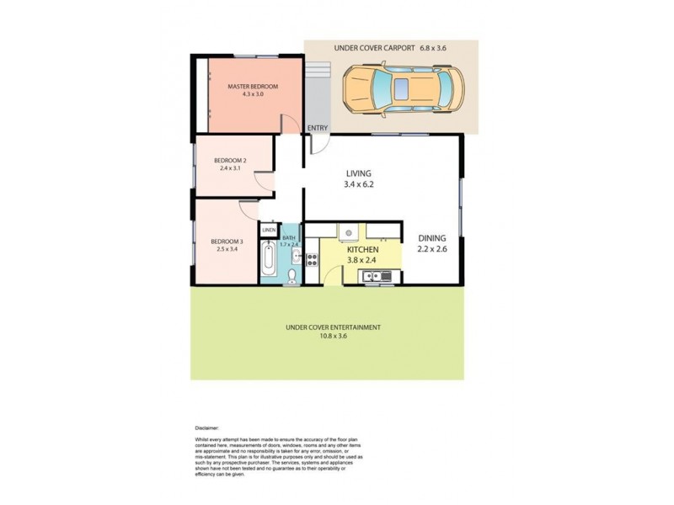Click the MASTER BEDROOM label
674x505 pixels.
tap(253, 87)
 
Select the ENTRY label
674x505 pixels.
tap(318, 128)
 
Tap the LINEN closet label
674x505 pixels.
tap(269, 230)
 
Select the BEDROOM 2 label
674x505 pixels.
tap(229, 161)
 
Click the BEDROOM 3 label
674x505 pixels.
tap(227, 242)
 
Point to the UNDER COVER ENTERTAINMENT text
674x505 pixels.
tap(333, 327)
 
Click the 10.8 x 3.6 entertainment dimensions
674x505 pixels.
tap(333, 336)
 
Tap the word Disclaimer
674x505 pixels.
tap(206, 428)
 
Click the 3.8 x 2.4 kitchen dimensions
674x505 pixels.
tap(361, 260)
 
